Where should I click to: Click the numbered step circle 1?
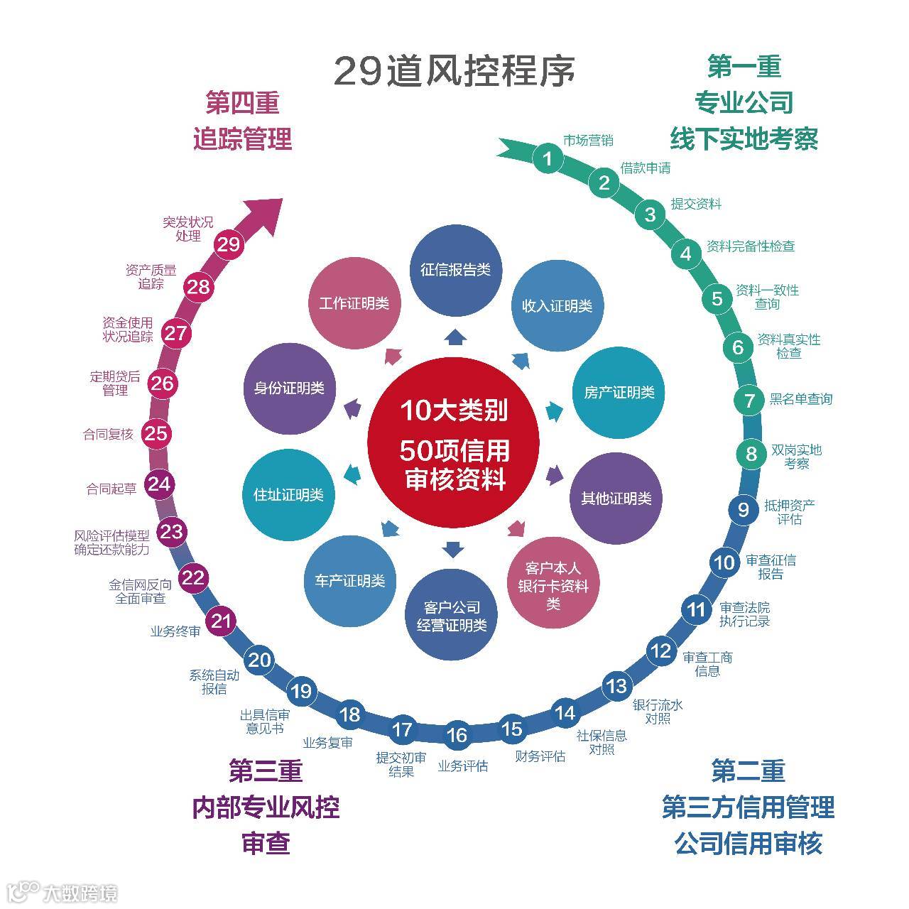(x=547, y=158)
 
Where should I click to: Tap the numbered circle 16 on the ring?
(x=457, y=735)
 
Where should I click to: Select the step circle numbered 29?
(x=229, y=244)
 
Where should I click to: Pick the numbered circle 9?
(x=743, y=509)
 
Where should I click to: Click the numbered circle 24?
(x=159, y=484)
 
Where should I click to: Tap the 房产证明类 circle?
(x=619, y=393)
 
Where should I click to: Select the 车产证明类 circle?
(x=349, y=581)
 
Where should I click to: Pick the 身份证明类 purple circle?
(x=289, y=388)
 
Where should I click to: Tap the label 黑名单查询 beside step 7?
(x=800, y=399)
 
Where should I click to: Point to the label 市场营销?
(x=588, y=140)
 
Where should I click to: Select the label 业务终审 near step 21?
(x=175, y=631)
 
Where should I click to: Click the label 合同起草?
(x=111, y=489)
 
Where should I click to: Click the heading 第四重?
(x=242, y=103)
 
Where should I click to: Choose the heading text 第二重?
(x=747, y=771)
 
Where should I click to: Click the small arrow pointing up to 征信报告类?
(x=454, y=336)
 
